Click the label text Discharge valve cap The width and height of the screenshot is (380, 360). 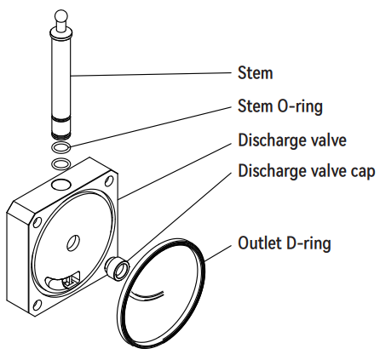305,170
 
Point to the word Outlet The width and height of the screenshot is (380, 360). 261,243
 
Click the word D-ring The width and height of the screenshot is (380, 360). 308,243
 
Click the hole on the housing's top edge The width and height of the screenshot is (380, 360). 60,184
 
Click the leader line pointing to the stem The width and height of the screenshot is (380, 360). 153,73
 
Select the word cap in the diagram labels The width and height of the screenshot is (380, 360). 361,170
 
